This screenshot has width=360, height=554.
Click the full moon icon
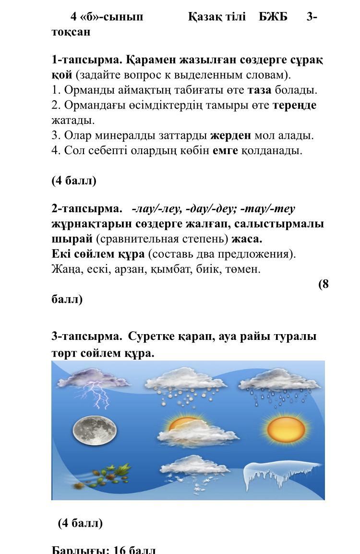point(95,429)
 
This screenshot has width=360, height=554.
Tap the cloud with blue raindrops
point(278,386)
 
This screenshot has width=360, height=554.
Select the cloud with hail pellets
point(185,386)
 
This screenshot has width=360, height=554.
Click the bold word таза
point(259,90)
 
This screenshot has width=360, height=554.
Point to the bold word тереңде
point(294,105)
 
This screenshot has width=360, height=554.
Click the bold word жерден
point(230,135)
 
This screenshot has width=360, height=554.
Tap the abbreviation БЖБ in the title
point(273,17)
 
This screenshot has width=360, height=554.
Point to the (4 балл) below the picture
point(80,523)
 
